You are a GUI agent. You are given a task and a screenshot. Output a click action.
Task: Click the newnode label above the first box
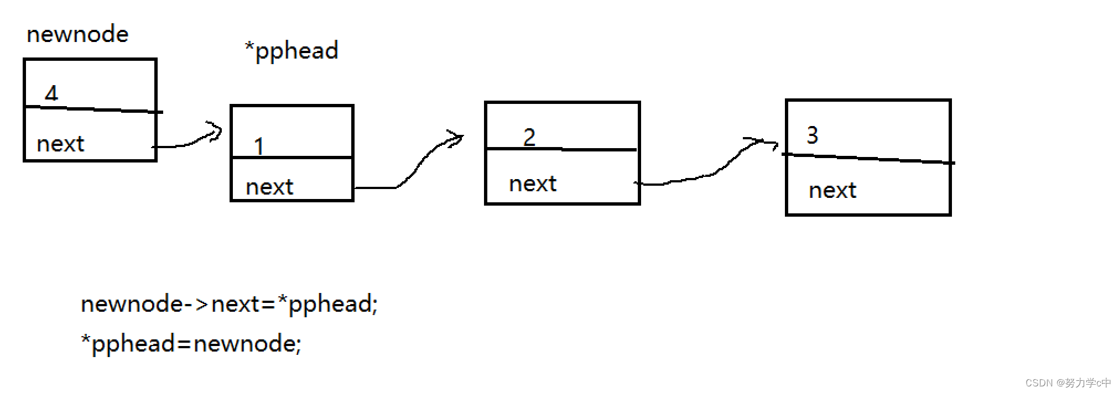[77, 34]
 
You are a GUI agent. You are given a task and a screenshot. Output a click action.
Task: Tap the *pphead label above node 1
[292, 51]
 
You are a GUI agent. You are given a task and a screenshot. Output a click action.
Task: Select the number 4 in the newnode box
[51, 93]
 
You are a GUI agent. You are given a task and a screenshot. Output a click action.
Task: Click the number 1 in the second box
[258, 146]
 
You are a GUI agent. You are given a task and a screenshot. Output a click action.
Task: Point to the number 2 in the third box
[529, 137]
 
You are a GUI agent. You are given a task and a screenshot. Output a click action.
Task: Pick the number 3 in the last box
[812, 135]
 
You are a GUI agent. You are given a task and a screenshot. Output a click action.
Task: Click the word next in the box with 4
[60, 144]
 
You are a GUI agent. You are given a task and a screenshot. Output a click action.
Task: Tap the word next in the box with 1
[269, 187]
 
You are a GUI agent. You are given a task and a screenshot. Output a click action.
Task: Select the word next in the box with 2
[533, 184]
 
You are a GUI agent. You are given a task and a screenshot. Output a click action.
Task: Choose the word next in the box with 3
[832, 191]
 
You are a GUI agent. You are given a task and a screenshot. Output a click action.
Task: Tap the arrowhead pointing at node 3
[769, 144]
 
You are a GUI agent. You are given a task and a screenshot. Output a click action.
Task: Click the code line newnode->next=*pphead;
[229, 304]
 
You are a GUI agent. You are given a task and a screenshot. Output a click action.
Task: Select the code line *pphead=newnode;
[191, 344]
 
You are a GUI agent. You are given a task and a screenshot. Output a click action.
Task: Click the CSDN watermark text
[1068, 382]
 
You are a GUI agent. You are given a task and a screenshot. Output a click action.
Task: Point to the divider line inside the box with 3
[868, 159]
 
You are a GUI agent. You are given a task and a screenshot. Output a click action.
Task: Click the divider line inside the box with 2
[562, 149]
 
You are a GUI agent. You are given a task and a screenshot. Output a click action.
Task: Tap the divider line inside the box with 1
[292, 158]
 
